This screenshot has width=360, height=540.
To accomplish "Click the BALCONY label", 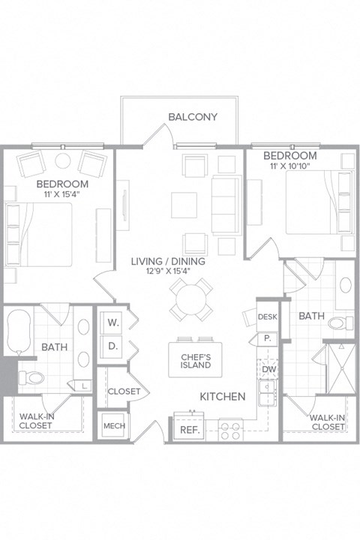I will [193, 117].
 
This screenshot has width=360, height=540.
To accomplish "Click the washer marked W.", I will [113, 323].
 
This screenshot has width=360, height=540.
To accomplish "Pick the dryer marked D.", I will [113, 347].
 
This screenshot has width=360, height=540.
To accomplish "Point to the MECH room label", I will [114, 426].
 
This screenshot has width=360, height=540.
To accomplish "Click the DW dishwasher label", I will [268, 370].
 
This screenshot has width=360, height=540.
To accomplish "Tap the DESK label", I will [268, 316].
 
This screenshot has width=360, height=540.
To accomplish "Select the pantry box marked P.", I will [266, 339].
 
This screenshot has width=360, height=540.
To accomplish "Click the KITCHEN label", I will [223, 396].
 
